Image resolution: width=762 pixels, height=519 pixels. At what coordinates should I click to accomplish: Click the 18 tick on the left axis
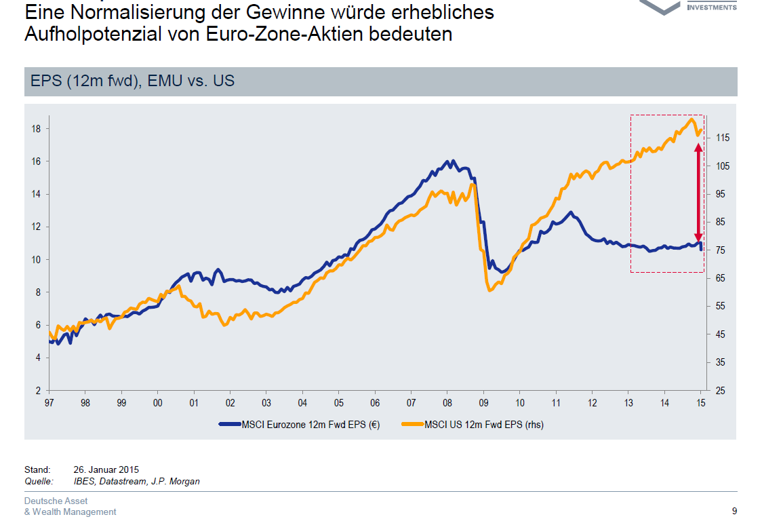tap(36, 129)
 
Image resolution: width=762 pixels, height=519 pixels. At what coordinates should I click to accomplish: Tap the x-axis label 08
tap(447, 402)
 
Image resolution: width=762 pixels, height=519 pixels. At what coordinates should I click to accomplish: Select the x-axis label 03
tap(266, 402)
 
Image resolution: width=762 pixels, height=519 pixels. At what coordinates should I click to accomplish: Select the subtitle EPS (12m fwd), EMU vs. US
tap(133, 81)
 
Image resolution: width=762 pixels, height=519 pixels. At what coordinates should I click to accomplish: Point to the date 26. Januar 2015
tap(106, 469)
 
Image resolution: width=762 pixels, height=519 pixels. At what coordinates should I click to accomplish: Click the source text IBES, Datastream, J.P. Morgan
tap(136, 482)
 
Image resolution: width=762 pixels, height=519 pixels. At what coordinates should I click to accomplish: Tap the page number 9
tap(734, 512)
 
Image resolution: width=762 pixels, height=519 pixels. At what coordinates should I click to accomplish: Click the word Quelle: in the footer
tap(39, 482)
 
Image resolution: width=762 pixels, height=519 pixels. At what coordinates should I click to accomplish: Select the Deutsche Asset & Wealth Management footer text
tap(70, 507)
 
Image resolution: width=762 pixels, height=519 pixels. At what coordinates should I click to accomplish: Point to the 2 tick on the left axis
tap(38, 391)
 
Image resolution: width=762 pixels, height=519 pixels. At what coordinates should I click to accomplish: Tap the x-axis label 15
tap(701, 402)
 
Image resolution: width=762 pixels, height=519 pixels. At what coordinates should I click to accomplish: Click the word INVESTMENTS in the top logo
tap(711, 7)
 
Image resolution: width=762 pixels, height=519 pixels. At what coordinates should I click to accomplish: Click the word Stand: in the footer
tap(37, 469)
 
